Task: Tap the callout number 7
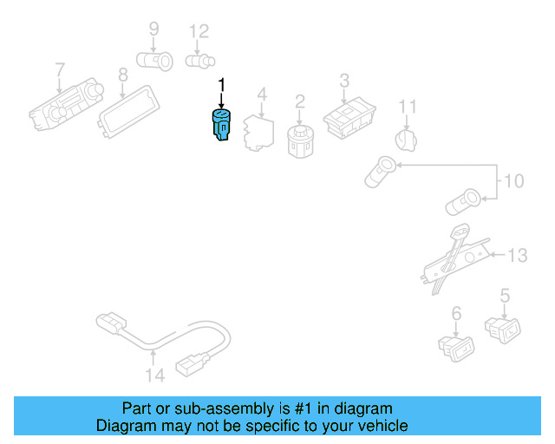click(60, 69)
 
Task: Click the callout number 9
click(153, 29)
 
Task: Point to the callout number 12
click(199, 32)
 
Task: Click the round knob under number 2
click(299, 140)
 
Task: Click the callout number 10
click(513, 181)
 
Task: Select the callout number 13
click(518, 255)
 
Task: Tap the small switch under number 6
click(456, 345)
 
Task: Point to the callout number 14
click(154, 375)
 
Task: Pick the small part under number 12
click(199, 62)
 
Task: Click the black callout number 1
click(221, 85)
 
